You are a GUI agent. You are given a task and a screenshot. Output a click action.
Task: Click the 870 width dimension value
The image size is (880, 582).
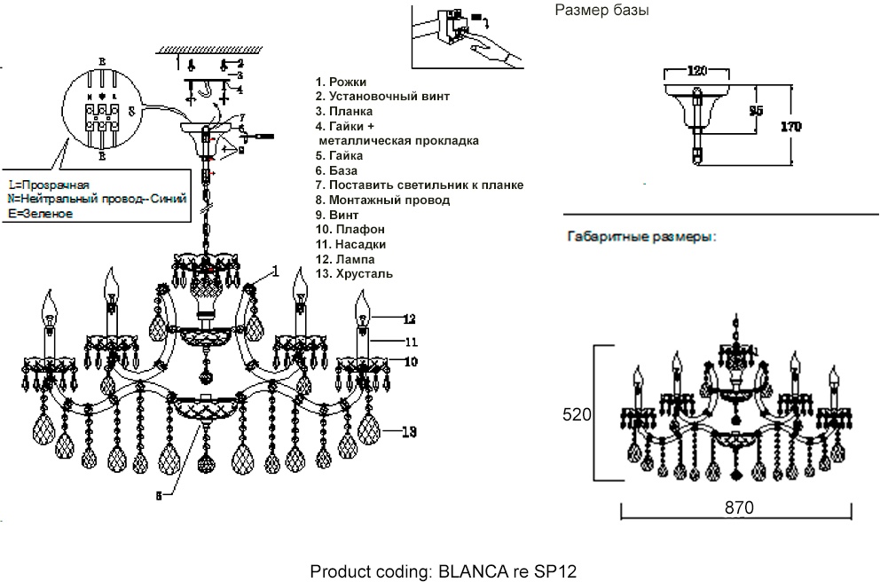click(739, 508)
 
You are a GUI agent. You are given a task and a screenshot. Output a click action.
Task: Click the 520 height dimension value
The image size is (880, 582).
click(577, 414)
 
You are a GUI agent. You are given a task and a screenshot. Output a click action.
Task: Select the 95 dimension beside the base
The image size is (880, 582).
click(756, 111)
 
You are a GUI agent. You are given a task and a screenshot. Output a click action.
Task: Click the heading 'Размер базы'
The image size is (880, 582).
click(602, 12)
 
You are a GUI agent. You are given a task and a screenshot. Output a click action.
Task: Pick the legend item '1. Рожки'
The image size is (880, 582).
click(341, 82)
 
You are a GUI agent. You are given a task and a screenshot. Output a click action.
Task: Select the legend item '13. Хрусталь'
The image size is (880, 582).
click(353, 274)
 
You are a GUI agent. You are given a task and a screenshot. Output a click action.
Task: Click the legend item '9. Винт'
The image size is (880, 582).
click(338, 215)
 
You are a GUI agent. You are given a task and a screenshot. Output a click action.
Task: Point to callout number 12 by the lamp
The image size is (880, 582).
click(408, 318)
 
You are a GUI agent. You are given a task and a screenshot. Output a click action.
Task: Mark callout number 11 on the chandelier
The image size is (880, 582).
click(408, 341)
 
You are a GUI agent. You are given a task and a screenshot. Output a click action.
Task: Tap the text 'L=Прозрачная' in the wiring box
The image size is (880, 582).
click(48, 185)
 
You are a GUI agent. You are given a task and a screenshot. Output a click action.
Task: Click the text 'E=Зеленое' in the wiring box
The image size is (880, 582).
click(40, 214)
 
